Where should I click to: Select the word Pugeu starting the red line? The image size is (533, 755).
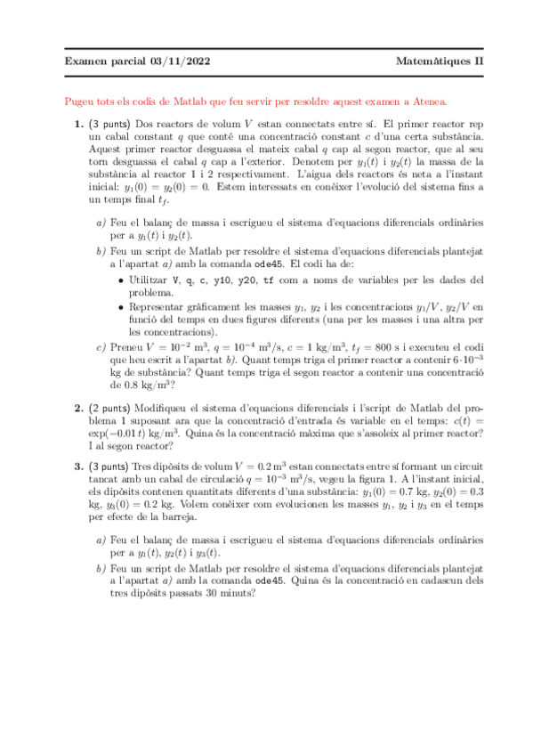81,101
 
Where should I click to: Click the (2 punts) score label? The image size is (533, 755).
109,408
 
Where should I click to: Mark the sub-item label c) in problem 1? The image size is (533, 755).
101,347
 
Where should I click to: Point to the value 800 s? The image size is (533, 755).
387,347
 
